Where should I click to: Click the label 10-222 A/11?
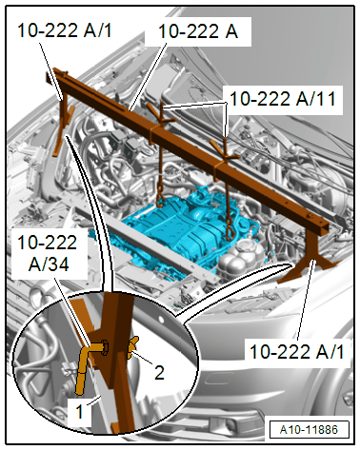(283, 99)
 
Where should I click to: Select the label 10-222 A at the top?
(198, 31)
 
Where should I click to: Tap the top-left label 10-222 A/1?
(65, 30)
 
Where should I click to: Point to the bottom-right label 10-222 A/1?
(297, 352)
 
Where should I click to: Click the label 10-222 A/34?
(48, 253)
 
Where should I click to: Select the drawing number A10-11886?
(309, 430)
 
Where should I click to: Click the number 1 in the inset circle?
(79, 412)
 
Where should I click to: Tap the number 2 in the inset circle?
(159, 372)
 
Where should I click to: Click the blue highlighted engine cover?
(178, 231)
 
